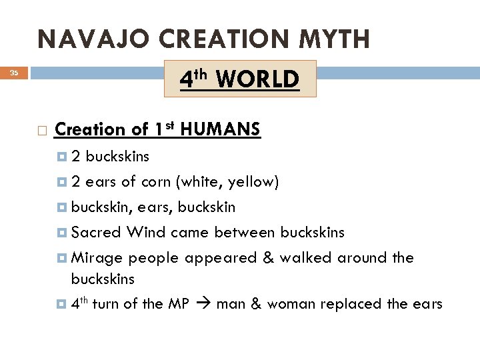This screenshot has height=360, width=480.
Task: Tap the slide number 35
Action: [14, 74]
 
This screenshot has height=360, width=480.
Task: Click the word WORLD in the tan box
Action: [257, 80]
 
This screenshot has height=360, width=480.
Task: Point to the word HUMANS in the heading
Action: [221, 129]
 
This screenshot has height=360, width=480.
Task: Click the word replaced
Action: [350, 304]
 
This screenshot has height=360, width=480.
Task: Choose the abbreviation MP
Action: [179, 304]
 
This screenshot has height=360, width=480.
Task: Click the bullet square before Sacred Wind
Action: [62, 233]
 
